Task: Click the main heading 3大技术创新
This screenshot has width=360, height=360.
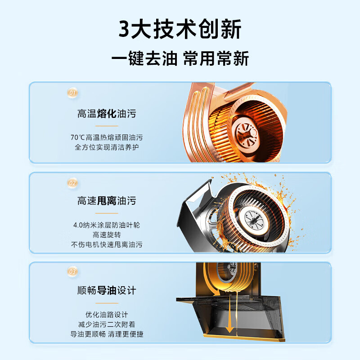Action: (x=180, y=30)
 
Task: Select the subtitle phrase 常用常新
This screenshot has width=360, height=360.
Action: (x=216, y=58)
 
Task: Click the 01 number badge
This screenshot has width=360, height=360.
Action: (x=72, y=93)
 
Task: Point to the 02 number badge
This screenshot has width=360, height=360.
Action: (x=72, y=183)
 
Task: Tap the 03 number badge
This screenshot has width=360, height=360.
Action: (x=72, y=271)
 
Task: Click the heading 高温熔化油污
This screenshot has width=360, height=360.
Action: (x=107, y=114)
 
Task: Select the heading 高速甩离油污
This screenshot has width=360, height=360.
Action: (x=107, y=201)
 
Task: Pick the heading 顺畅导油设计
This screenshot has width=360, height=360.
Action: (x=107, y=290)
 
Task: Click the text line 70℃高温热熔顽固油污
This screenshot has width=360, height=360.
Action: (x=107, y=137)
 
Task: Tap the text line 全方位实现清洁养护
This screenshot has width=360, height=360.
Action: (x=107, y=147)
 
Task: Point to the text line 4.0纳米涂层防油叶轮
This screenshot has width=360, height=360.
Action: (x=107, y=225)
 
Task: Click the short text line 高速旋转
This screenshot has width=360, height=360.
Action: (x=107, y=235)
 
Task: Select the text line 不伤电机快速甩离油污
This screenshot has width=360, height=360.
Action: (x=107, y=245)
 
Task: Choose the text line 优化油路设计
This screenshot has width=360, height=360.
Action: (x=107, y=314)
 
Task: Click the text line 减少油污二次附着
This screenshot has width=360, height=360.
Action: (x=107, y=324)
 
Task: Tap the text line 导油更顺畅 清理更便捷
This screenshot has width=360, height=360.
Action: (x=107, y=334)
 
